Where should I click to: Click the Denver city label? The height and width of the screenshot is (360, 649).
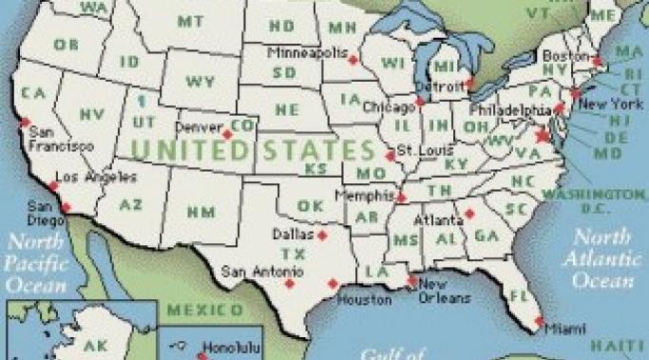pos(200,126)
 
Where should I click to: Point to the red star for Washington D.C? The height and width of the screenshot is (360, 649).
pos(544,136)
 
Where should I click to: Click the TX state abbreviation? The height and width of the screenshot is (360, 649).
pos(298,254)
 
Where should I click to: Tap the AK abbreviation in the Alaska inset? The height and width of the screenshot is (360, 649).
pos(96,345)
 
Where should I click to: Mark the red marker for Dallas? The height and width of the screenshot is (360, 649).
pos(322,234)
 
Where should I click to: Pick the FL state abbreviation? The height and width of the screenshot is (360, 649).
pos(519,295)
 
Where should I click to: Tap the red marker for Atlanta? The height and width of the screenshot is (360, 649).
pos(468,214)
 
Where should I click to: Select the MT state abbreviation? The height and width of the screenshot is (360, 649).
pos(190,20)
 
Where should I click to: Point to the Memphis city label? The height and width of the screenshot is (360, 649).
pos(363,194)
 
